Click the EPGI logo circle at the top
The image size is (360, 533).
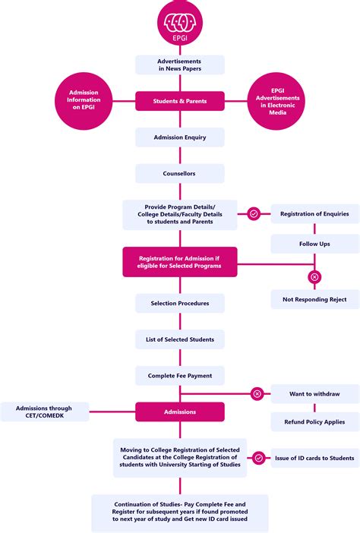tap(180, 24)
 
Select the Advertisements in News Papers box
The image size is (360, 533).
tap(180, 65)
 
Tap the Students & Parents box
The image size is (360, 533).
tap(180, 101)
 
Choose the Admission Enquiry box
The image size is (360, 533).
tap(180, 137)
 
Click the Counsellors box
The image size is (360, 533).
tap(180, 173)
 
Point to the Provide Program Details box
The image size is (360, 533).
tap(180, 214)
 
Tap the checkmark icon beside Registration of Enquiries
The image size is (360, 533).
tap(254, 214)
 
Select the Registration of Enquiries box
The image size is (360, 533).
tap(314, 214)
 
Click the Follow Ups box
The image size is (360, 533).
tap(314, 244)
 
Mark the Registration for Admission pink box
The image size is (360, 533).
tap(180, 261)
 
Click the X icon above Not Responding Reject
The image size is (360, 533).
tap(314, 277)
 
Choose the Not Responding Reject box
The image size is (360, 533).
tap(314, 299)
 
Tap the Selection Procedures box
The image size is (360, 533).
tap(180, 303)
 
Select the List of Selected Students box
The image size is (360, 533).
tap(180, 339)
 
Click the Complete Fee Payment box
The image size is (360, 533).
tap(180, 375)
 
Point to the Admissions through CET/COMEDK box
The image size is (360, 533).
tap(45, 412)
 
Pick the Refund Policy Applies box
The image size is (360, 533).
tap(314, 421)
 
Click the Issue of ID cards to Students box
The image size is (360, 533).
tap(314, 458)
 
